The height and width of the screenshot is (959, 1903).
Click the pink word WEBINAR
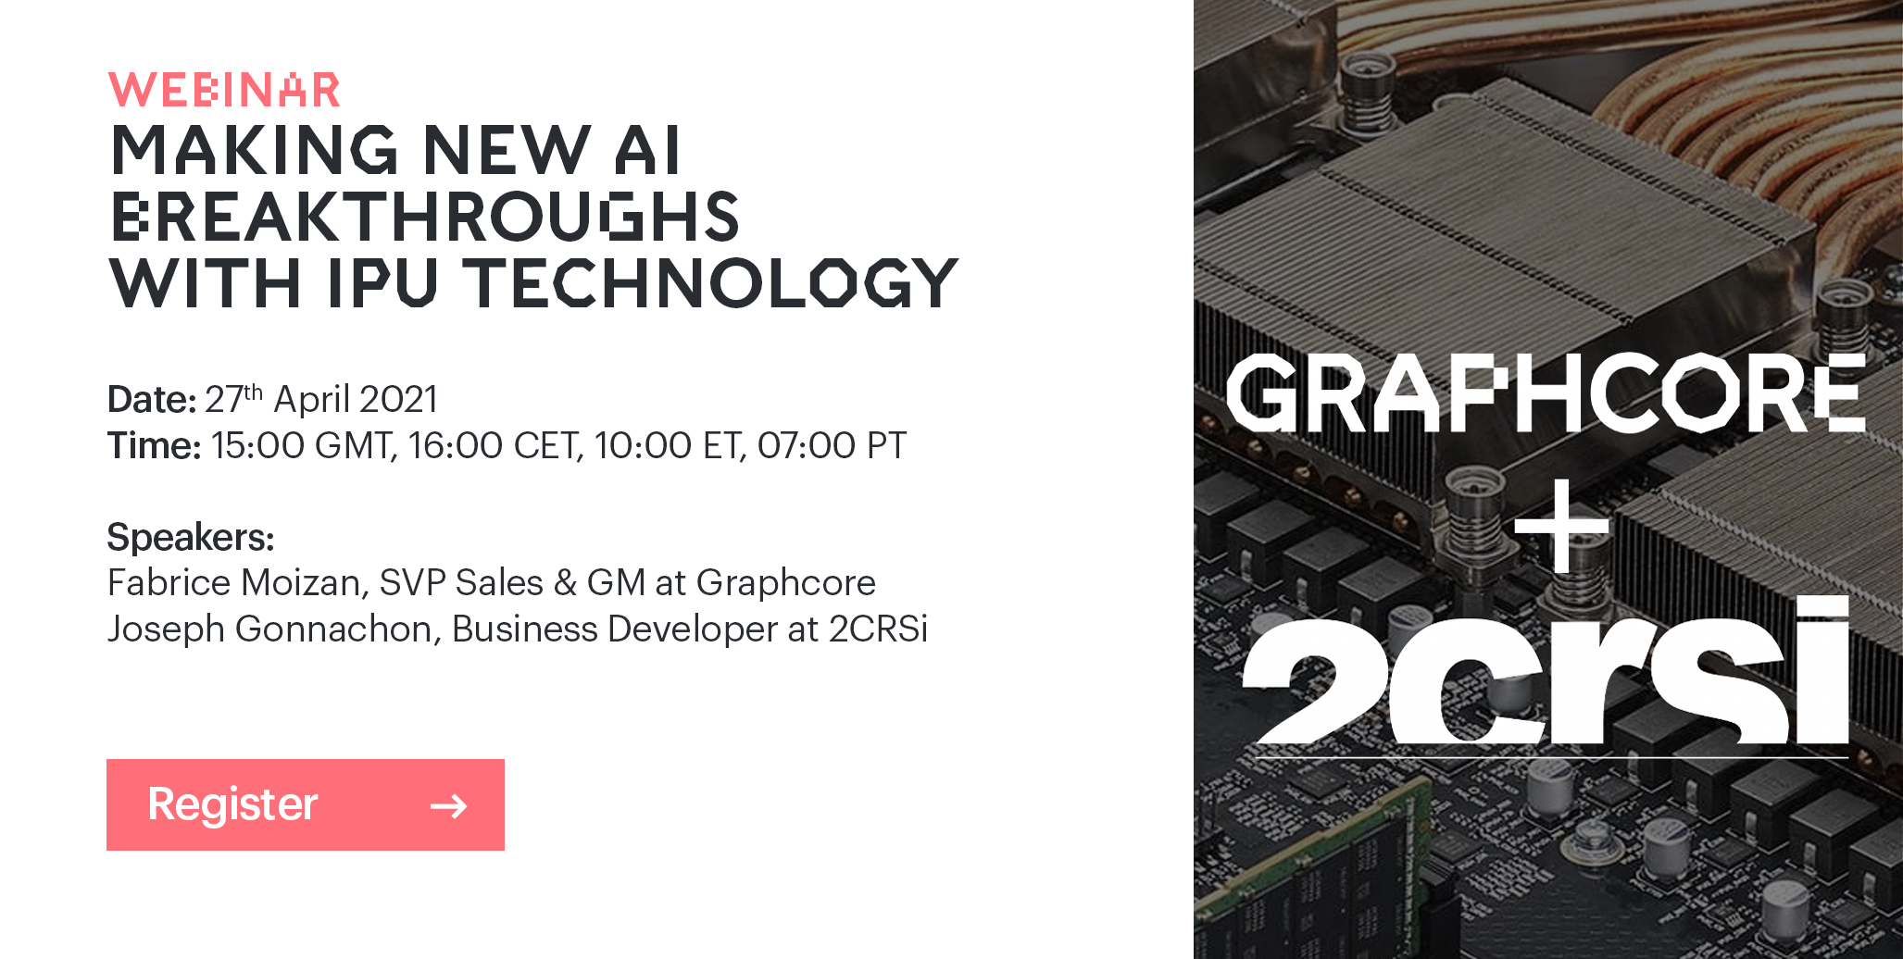point(224,90)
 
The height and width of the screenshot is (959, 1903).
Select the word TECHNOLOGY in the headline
point(710,283)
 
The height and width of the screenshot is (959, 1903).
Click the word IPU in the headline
point(382,283)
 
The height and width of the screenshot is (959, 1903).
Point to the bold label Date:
point(152,400)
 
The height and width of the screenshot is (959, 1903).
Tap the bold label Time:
point(154,445)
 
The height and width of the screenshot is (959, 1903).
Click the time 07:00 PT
point(832,445)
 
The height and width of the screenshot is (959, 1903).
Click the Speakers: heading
point(191,538)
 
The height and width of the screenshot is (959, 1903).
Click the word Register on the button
point(232,804)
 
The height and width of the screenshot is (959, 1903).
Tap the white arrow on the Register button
point(449,806)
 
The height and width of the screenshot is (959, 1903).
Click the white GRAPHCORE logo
point(1545,392)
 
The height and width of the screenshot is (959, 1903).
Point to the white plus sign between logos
point(1561,525)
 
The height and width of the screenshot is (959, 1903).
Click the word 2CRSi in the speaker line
point(878,629)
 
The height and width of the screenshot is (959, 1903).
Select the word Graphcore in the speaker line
point(785,584)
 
